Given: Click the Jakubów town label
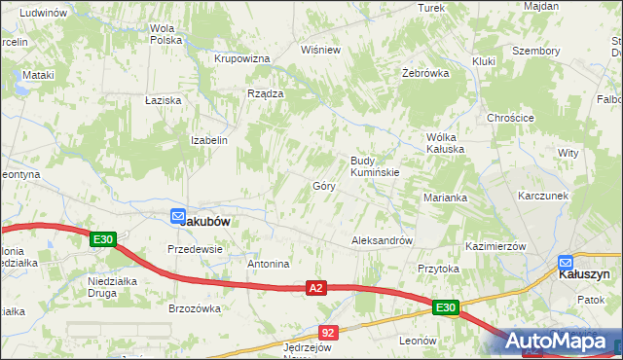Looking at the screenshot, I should point(205,221).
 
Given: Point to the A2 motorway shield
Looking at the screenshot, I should point(314,288).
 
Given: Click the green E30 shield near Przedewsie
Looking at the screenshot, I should point(104,239).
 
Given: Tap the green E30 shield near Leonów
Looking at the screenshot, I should point(446,308).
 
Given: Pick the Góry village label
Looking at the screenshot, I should point(324,185).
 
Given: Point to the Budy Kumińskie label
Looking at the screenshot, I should point(375,165).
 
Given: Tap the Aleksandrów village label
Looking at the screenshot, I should point(383,240).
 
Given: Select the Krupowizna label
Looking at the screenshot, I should point(241,58).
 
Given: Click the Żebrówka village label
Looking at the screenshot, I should point(425,73).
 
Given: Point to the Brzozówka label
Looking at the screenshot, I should point(195,308).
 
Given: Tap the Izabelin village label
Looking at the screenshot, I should point(209,140).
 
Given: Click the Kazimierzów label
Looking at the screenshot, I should point(495,246).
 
